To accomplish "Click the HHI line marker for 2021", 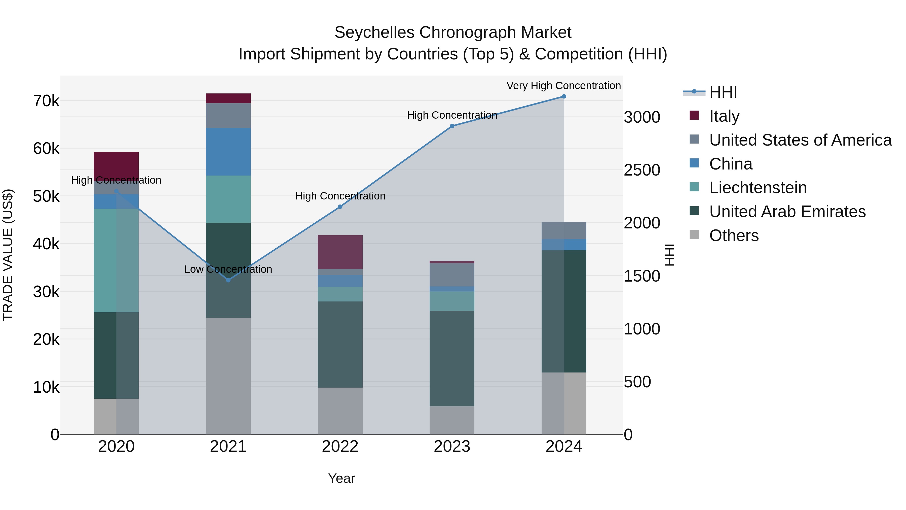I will coord(228,280).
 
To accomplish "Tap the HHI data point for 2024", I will coord(564,96).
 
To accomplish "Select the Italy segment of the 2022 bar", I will coord(340,252).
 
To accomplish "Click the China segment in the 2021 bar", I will coord(228,152).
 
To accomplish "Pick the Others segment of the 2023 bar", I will coord(452,420).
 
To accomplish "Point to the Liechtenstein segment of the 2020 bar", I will coord(116,260).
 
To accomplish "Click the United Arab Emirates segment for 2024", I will coord(564,311).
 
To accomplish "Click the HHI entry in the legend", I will coord(723,92).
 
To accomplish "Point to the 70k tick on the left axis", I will coord(46,101).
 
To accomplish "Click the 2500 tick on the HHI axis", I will coord(642,170).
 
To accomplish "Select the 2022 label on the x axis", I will coord(340,447).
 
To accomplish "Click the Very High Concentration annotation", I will coord(563,86).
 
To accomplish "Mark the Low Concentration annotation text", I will coord(228,269).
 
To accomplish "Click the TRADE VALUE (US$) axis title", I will coord(8,255).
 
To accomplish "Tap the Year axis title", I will coord(342,478).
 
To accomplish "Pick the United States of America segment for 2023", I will coord(452,275).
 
